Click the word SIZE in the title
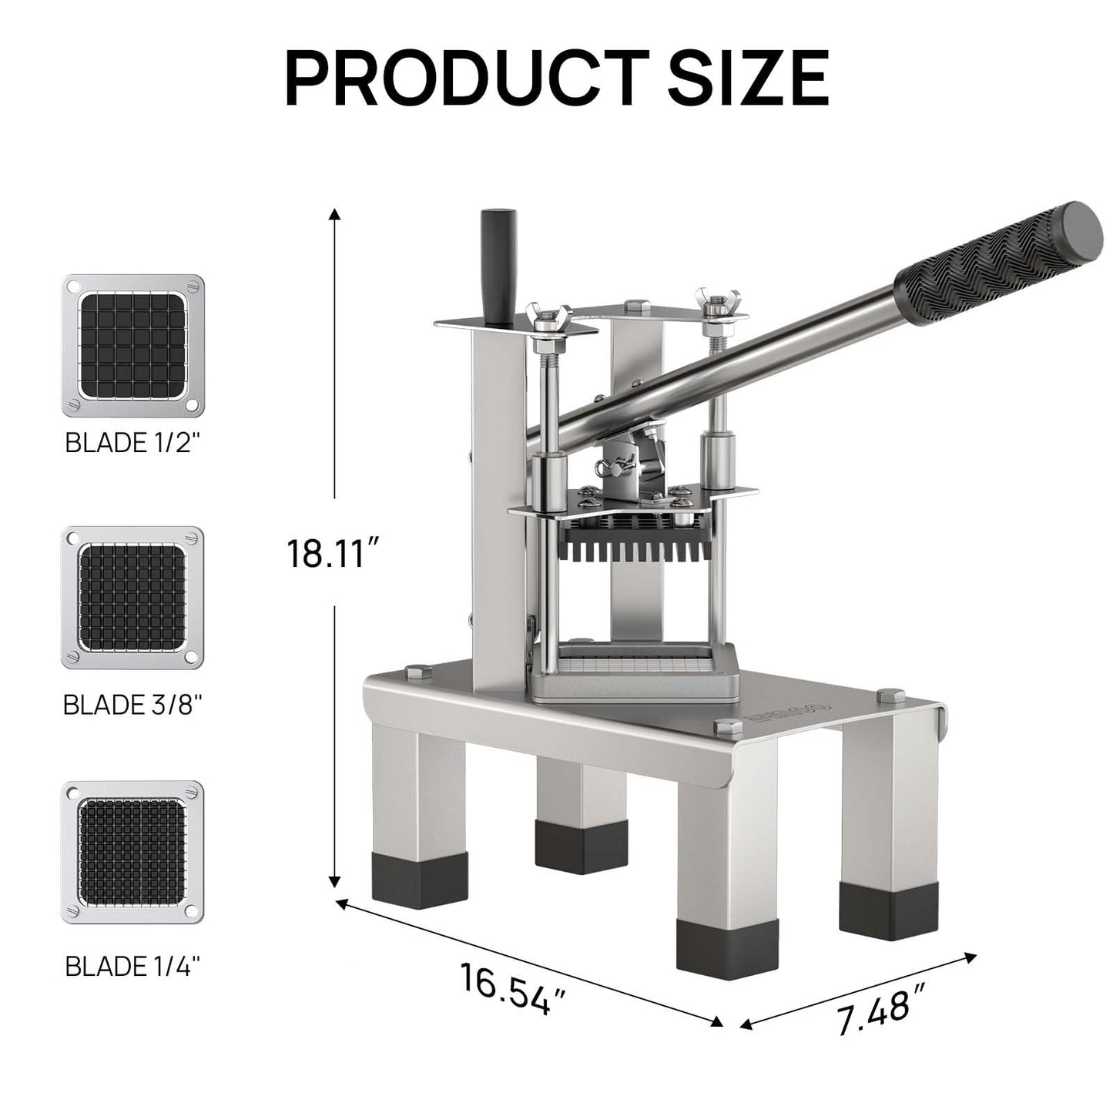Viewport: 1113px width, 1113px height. (748, 77)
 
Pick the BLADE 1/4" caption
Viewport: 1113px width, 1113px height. (132, 965)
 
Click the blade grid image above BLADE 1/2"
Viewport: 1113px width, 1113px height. (132, 345)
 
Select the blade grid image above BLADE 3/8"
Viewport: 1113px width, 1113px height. (132, 597)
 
